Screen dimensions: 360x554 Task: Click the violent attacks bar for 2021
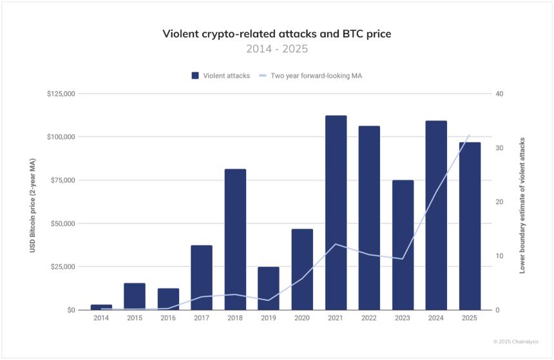pos(336,213)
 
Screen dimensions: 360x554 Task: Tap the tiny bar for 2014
pos(101,307)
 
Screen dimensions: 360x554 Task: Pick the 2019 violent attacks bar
pos(269,289)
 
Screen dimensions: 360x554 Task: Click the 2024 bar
pos(436,215)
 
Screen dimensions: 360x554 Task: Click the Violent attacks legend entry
pos(220,76)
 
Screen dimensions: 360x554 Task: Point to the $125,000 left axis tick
pos(61,94)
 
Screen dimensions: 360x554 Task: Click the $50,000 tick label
pos(63,223)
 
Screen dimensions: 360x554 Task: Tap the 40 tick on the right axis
pos(499,94)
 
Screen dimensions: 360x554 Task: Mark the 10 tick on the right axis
pos(499,256)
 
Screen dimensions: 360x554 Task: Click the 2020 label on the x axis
pos(302,318)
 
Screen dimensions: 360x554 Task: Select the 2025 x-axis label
pos(470,318)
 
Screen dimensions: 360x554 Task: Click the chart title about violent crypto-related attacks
pos(276,33)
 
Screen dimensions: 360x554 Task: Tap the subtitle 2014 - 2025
pos(276,49)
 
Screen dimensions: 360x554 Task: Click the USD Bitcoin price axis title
pos(32,202)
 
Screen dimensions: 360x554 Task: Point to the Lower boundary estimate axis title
pos(522,205)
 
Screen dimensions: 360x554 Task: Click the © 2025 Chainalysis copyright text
pos(515,341)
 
